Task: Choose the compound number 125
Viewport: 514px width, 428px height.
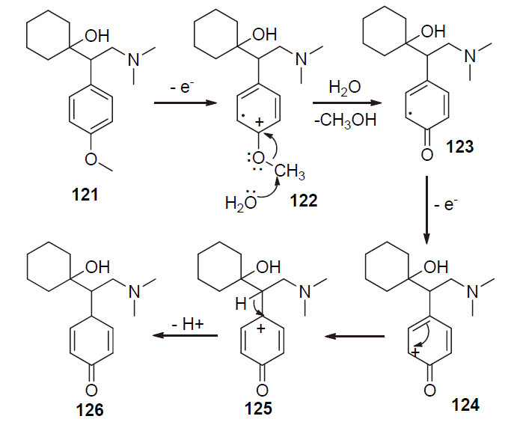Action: [x=262, y=409]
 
